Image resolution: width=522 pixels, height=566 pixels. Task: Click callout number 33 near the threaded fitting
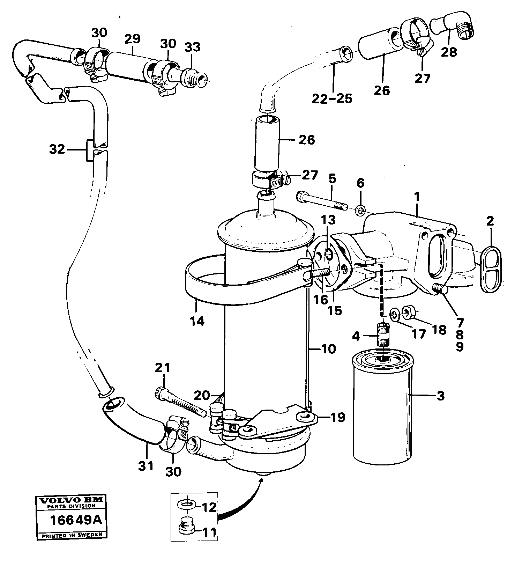(192, 47)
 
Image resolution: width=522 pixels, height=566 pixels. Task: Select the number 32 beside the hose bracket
(57, 149)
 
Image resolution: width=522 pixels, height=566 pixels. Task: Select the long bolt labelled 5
(321, 201)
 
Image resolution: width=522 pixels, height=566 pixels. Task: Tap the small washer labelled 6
(360, 210)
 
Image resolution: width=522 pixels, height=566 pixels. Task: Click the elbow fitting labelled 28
(452, 28)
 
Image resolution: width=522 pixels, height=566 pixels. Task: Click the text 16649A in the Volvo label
(76, 520)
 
